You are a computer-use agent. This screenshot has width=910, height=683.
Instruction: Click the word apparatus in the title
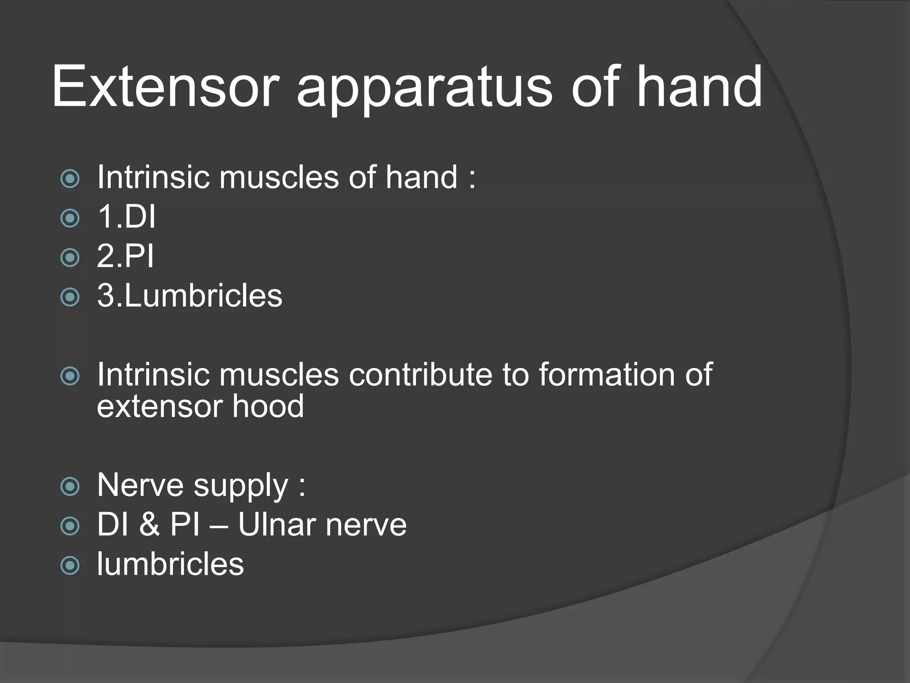click(x=424, y=89)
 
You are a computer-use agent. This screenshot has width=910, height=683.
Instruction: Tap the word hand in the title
click(x=700, y=87)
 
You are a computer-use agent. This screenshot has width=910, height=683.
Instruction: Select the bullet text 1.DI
click(x=127, y=217)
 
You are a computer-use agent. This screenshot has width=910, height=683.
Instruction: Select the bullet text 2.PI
click(x=125, y=256)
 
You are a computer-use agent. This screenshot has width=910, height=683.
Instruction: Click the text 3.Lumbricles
click(x=190, y=296)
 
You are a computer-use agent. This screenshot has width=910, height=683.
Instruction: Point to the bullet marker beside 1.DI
click(x=70, y=218)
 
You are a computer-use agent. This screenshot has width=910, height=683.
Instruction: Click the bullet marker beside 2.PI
click(x=70, y=257)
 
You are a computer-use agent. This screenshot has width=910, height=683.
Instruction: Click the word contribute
click(x=420, y=374)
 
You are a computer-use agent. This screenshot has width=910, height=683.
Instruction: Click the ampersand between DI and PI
click(x=149, y=525)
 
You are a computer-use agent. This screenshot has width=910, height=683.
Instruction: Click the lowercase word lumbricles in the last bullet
click(x=170, y=564)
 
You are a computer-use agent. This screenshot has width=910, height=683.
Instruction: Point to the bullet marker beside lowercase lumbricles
click(x=70, y=566)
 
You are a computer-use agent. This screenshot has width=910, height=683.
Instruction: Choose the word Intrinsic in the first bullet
click(x=153, y=177)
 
